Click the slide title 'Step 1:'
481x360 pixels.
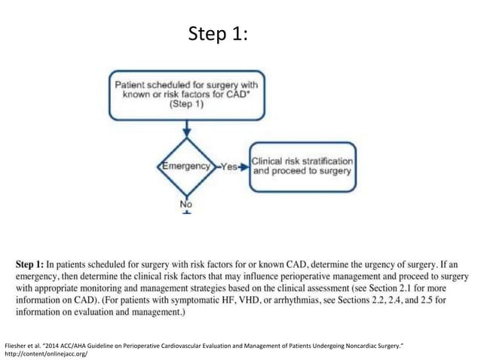(x=219, y=35)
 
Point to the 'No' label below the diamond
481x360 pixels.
(x=185, y=204)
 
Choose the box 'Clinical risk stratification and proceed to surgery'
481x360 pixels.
(x=302, y=166)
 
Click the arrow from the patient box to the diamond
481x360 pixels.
(x=185, y=130)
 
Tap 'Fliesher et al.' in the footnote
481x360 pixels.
(x=25, y=344)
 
